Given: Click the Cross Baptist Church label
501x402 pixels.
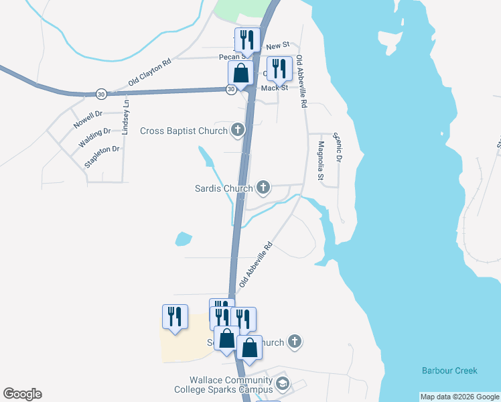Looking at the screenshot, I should click(184, 131).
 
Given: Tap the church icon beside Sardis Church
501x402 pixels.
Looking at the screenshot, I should click(264, 188).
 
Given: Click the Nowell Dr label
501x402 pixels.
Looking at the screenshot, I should click(88, 120).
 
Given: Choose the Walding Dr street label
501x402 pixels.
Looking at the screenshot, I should click(93, 138).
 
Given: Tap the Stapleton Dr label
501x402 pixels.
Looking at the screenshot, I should click(102, 157).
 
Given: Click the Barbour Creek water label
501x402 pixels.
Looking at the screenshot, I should click(449, 371).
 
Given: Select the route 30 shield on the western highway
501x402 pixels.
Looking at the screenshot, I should click(100, 93).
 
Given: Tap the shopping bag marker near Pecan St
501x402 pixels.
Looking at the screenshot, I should click(240, 72).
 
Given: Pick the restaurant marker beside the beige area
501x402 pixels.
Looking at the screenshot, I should click(174, 316).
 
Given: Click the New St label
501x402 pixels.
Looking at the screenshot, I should click(277, 46).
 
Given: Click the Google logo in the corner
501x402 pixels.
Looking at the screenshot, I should click(22, 394).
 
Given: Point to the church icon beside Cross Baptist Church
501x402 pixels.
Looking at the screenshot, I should click(237, 129).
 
